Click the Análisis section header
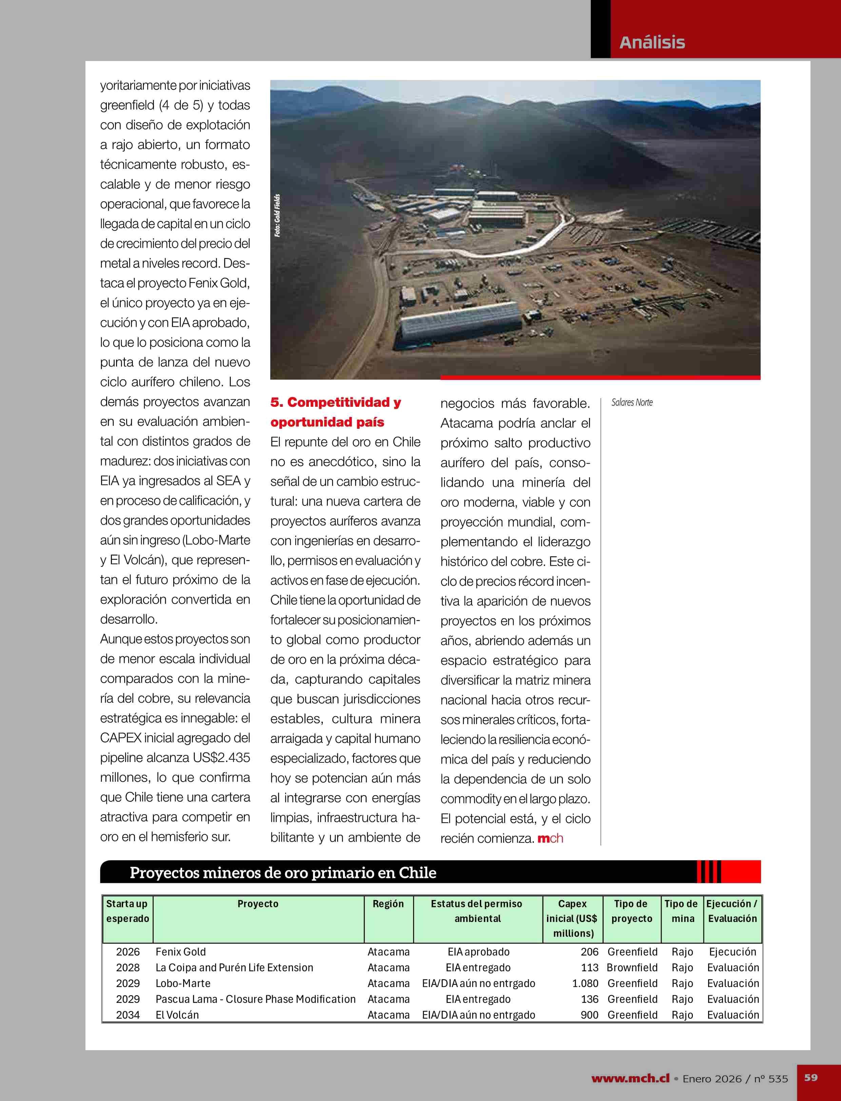click(652, 42)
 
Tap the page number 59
click(811, 1077)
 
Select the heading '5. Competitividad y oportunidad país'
click(335, 412)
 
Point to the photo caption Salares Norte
click(632, 402)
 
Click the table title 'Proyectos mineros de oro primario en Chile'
click(283, 872)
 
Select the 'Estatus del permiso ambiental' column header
click(477, 911)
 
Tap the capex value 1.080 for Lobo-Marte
click(585, 983)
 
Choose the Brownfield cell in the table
click(632, 967)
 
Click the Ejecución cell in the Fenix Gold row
click(732, 952)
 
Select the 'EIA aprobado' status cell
click(478, 952)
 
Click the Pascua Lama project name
click(255, 999)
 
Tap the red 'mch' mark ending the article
click(550, 838)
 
